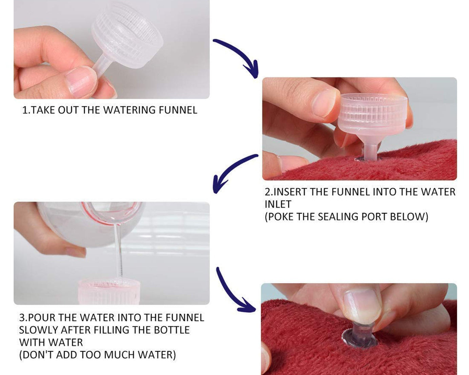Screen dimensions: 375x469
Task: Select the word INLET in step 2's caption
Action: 278,204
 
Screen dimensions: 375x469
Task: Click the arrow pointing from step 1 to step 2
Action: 237,56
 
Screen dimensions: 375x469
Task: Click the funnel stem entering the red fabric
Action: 370,151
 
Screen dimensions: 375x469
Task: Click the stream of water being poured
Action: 118,251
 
